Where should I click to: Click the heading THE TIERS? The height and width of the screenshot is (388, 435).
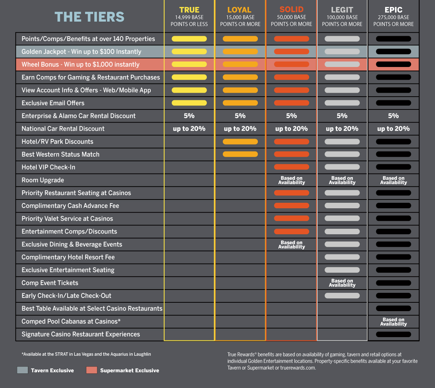89,17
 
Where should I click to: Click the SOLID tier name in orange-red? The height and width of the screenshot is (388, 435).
292,10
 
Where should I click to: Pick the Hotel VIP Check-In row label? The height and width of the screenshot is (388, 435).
48,167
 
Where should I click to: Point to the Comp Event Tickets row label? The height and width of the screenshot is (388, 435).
50,283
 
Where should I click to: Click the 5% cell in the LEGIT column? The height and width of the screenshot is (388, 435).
342,116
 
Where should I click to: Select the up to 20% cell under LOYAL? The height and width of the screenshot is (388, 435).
240,129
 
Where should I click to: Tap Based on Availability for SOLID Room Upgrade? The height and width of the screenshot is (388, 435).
292,180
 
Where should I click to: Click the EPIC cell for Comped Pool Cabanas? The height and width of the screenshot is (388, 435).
394,322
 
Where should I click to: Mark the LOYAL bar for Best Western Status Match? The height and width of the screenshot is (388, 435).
240,154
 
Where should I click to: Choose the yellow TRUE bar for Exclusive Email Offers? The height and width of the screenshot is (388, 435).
189,103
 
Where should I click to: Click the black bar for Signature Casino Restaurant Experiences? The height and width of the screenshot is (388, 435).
394,334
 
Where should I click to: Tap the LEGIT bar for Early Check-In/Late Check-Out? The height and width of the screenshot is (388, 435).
342,296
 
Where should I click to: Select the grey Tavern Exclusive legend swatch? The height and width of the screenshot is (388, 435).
22,370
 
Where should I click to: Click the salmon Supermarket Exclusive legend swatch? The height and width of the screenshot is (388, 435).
92,370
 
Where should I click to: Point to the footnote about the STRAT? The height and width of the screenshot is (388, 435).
86,354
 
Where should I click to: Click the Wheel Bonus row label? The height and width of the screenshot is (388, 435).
80,64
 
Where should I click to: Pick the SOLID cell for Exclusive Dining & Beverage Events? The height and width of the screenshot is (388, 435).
292,245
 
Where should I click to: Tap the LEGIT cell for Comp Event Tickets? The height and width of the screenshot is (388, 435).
342,283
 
